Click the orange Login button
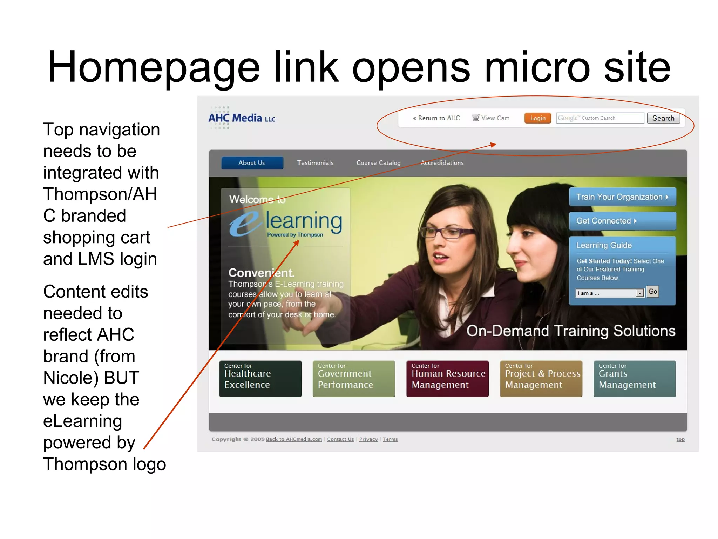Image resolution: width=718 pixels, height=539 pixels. pos(537,118)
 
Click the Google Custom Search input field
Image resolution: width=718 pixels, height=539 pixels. pos(600,118)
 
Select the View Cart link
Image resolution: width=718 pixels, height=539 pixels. pos(491,118)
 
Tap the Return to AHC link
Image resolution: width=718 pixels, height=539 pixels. pos(436,118)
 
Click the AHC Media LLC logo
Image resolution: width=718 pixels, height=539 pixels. pos(242,118)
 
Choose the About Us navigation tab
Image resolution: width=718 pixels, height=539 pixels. pos(252,163)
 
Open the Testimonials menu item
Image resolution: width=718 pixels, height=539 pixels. pos(315,163)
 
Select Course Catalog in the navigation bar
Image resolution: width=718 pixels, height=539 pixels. pos(378,163)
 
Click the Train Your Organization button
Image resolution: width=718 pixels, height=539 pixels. pos(622,197)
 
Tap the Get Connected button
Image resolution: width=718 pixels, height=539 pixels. pos(622,221)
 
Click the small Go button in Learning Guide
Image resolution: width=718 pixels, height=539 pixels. pos(652,292)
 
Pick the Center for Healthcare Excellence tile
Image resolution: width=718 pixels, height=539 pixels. pos(260,379)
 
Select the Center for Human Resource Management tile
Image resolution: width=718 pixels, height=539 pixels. pos(447,379)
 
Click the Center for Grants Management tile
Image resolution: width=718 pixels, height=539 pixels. pos(635,379)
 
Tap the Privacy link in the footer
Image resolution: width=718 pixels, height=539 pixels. pos(368,439)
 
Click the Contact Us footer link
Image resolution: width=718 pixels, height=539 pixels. pos(340,439)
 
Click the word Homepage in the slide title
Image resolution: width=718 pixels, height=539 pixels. pos(154,67)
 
